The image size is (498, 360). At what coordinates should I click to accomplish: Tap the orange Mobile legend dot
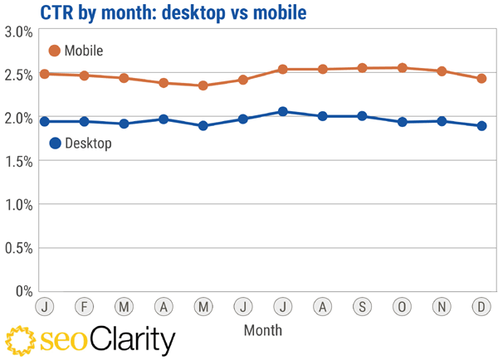(55, 51)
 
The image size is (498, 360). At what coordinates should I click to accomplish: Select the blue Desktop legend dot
(55, 143)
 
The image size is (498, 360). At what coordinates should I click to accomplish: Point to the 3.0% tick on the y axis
(17, 32)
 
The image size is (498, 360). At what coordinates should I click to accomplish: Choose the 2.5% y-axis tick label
(17, 75)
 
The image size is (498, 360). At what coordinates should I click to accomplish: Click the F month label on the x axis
(83, 306)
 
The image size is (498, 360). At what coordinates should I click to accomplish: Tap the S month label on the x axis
(362, 306)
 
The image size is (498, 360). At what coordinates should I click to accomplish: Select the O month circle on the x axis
(402, 306)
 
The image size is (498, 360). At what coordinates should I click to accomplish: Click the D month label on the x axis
(481, 306)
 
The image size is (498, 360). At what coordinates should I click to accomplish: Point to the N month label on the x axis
(442, 306)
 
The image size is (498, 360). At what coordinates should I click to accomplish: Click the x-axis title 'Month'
(263, 329)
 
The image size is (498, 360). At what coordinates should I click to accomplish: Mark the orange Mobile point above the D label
(481, 79)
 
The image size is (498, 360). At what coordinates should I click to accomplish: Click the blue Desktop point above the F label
(83, 121)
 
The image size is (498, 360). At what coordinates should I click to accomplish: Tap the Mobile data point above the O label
(402, 68)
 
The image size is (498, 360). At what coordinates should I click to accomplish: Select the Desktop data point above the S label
(362, 116)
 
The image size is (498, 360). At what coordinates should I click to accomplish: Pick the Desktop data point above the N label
(442, 121)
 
